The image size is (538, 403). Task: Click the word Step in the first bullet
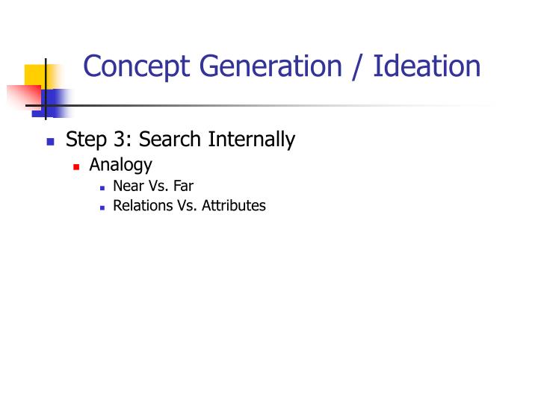[87, 140]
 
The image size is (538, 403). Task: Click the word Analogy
[120, 165]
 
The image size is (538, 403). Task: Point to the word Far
[182, 186]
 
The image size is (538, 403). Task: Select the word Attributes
[234, 205]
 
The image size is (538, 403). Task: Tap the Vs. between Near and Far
[158, 186]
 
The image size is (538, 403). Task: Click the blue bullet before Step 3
[51, 140]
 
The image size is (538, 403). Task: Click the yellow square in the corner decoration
[34, 75]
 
